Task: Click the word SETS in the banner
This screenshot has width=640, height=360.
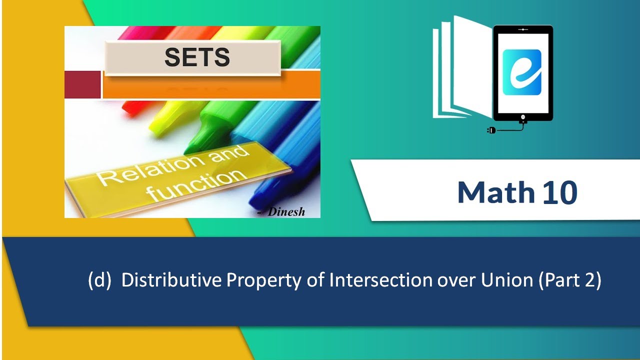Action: (x=197, y=57)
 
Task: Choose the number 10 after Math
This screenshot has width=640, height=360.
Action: (x=560, y=193)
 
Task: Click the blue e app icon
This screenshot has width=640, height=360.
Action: (x=522, y=72)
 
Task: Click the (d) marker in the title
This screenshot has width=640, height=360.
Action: (x=99, y=280)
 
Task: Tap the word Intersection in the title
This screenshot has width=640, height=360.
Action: (x=380, y=280)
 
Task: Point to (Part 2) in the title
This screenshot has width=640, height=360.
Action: (x=570, y=281)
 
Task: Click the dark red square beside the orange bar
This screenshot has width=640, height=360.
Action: (x=82, y=84)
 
